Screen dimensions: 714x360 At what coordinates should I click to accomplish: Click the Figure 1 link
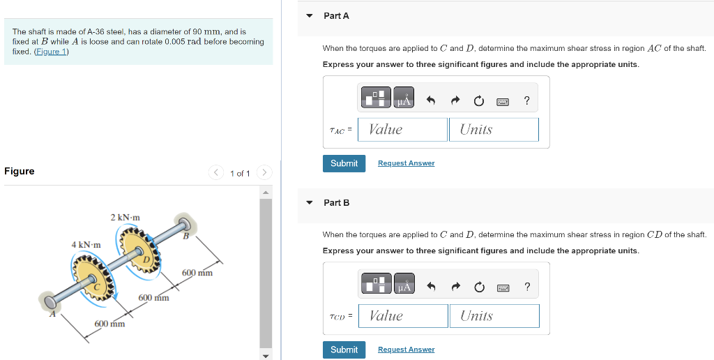51,52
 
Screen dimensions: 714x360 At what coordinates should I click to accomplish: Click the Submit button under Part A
344,163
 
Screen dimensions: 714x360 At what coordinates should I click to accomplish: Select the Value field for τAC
402,129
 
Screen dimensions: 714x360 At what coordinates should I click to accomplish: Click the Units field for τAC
494,129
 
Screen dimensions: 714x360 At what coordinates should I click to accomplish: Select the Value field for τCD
403,316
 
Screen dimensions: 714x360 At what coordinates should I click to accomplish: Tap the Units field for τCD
494,316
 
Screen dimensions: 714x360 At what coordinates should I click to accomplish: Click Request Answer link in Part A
407,163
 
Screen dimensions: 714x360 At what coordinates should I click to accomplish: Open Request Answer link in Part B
407,350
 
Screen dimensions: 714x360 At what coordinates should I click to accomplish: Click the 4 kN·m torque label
86,245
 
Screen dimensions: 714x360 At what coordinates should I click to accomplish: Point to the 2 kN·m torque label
126,218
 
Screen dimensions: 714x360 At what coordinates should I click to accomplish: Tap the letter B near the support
185,237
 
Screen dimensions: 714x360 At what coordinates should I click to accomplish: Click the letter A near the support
52,314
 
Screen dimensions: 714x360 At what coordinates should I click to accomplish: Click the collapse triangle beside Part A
310,16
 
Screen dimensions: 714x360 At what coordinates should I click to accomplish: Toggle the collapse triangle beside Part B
310,203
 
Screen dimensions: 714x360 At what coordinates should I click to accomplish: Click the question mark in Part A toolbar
527,100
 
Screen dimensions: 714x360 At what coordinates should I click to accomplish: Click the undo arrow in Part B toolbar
431,287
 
